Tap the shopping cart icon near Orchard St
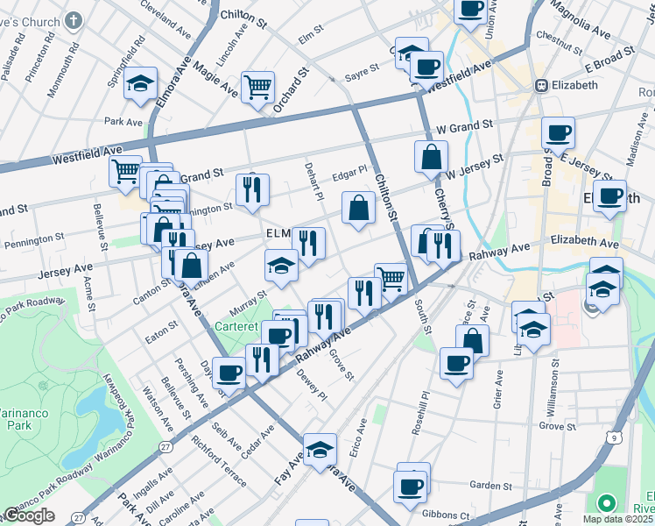point(257,86)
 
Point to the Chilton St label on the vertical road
point(386,184)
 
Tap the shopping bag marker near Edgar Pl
point(359,208)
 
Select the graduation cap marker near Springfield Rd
point(140,83)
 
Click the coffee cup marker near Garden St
point(410,486)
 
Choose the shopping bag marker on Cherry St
point(432,158)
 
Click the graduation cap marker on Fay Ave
point(320,450)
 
